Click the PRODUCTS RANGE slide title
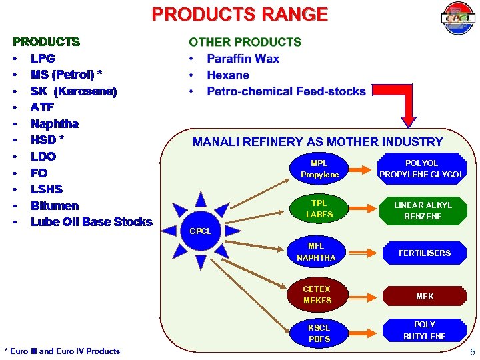point(239,15)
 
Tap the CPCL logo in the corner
point(457,19)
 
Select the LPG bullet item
point(43,58)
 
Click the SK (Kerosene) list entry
point(73,91)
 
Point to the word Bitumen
point(55,205)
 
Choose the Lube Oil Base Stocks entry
point(91,222)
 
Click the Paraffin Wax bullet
point(243,59)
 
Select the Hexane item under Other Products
point(228,75)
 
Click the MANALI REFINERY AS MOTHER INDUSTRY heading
point(317,141)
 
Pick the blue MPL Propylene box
point(319,169)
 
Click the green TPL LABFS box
point(319,209)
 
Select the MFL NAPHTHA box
point(316,252)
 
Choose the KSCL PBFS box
point(319,333)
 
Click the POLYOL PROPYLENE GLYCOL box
point(421,169)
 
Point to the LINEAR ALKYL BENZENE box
point(423,211)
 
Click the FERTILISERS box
point(424,253)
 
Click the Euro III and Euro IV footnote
point(62,351)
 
